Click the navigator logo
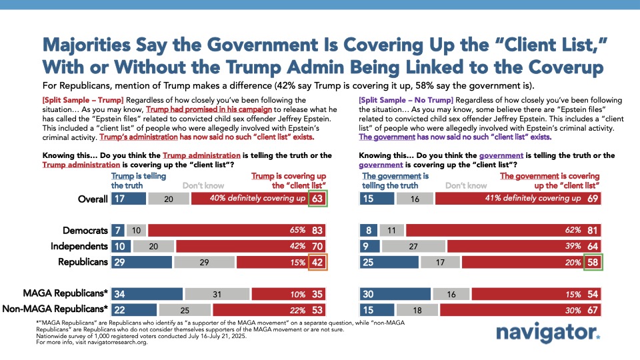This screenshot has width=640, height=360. (x=548, y=333)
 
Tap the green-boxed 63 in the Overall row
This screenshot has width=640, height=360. (x=317, y=198)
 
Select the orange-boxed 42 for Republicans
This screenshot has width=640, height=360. (x=317, y=262)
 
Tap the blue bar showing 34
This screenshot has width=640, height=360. (x=147, y=294)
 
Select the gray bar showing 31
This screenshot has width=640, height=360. (x=217, y=294)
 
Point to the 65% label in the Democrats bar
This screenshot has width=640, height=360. (x=297, y=231)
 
